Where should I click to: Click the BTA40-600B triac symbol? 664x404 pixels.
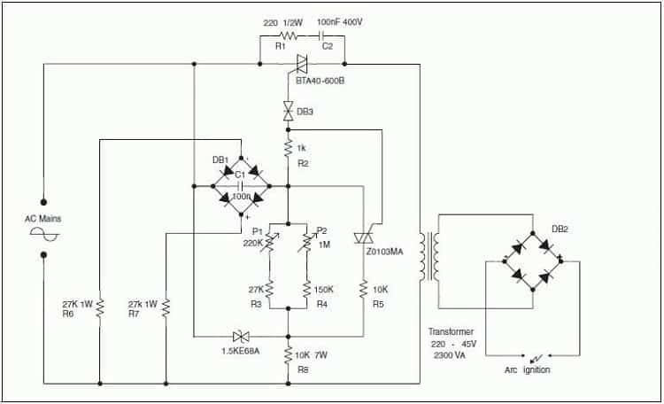302,64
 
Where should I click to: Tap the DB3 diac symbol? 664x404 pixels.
289,111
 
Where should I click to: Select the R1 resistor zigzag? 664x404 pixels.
289,36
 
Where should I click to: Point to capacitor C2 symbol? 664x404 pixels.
322,36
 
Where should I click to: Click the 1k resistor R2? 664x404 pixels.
289,148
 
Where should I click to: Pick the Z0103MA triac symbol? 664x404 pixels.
363,237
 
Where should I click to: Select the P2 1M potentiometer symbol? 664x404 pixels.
306,243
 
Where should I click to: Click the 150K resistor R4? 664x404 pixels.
306,290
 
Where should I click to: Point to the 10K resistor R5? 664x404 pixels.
363,290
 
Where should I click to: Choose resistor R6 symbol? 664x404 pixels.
100,307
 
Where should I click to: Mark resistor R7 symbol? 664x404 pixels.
166,307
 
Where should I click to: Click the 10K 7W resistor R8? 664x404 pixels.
289,354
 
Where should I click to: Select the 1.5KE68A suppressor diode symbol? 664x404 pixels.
241,337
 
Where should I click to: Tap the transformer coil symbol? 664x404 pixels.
429,256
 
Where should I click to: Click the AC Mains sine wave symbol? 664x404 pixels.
44,234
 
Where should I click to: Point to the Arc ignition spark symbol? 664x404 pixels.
537,357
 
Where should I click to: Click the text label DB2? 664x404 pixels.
560,229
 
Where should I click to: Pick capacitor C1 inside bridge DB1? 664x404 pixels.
241,186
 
